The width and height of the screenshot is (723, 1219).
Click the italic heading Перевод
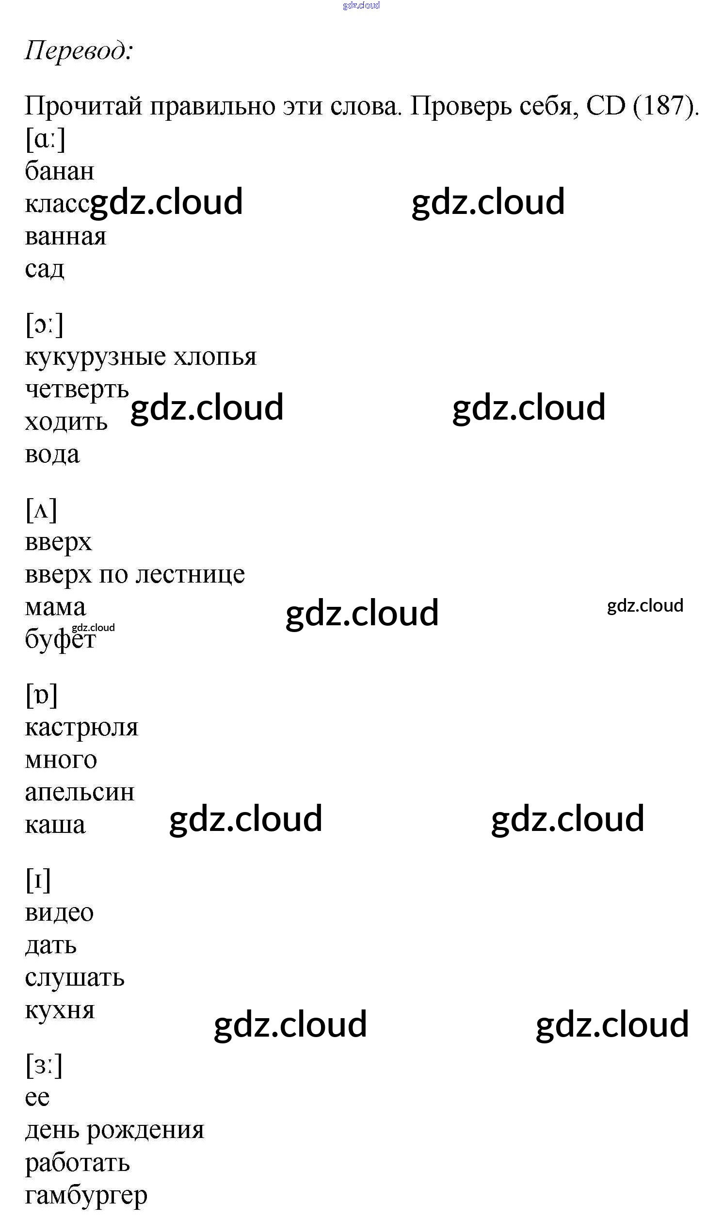pos(78,50)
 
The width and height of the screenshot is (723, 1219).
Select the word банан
pos(60,172)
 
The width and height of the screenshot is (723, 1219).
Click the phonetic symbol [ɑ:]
pos(45,139)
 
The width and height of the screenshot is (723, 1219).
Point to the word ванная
pos(65,237)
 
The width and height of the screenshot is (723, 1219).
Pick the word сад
pos(44,269)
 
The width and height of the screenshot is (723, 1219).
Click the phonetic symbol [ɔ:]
pos(44,325)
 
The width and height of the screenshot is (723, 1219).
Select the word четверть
pos(77,390)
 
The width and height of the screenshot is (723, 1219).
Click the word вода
pos(52,455)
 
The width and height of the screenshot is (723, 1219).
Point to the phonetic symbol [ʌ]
pos(41,510)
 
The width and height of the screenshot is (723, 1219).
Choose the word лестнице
pos(190,575)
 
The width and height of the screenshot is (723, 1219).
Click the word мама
pos(55,607)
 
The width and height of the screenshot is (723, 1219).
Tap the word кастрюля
pos(81,728)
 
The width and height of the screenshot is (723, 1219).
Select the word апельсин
pos(80,793)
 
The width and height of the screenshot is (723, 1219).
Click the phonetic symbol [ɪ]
pos(38,880)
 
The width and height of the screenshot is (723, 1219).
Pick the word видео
pos(59,913)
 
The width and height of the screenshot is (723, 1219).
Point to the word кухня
pos(60,1010)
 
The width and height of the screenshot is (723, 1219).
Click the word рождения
pos(145,1131)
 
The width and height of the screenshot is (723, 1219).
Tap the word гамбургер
pos(86,1196)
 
